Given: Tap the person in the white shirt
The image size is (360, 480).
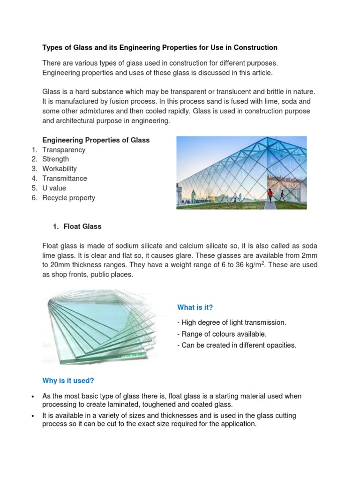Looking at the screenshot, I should (x=235, y=197).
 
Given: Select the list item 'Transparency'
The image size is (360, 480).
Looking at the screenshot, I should (x=64, y=150).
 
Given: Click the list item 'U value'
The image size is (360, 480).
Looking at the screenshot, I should (x=54, y=188).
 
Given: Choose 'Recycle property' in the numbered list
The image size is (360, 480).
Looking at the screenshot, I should (x=68, y=198).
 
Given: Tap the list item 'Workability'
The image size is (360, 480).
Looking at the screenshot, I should (x=60, y=169).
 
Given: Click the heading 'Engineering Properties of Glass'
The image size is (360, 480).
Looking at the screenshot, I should (x=96, y=140).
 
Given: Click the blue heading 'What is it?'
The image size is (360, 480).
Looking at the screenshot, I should (x=195, y=307).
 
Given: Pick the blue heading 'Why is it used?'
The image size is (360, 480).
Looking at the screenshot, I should (x=68, y=380).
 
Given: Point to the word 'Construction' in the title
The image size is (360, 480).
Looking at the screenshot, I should (x=257, y=47).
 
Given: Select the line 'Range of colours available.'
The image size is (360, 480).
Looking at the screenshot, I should (x=222, y=334).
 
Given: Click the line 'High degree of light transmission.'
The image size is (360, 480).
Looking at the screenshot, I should (x=232, y=322).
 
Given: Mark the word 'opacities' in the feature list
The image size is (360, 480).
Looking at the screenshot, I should (x=280, y=345).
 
